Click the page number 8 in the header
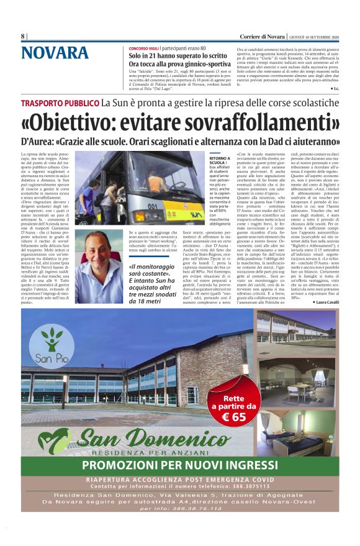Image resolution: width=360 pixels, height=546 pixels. (23, 36)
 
